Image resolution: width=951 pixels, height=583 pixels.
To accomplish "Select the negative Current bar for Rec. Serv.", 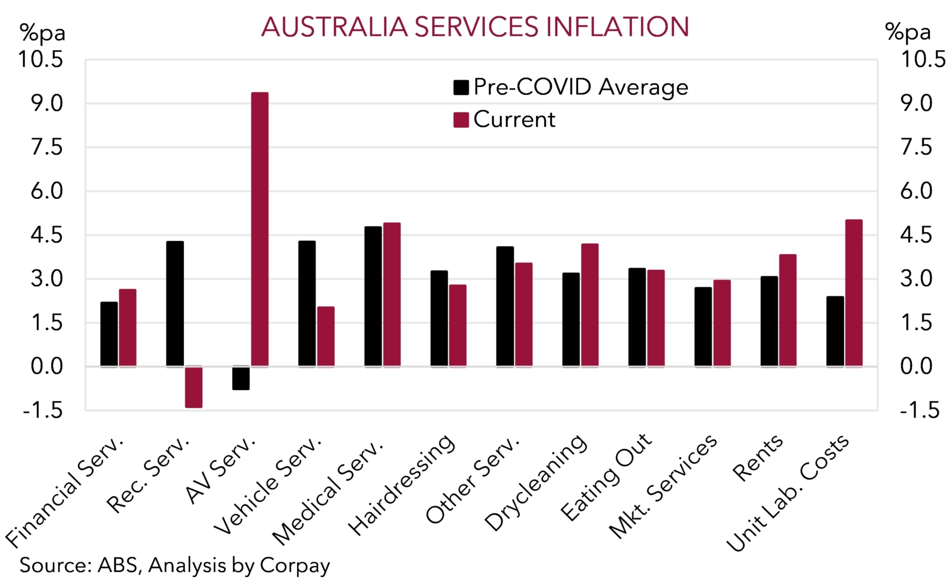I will (x=194, y=387).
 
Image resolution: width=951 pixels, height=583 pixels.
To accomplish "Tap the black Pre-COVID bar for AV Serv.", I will (x=241, y=378).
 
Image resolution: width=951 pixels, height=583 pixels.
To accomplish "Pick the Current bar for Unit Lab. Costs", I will (x=854, y=293).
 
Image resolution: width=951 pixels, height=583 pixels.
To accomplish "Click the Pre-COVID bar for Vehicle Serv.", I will (x=307, y=304).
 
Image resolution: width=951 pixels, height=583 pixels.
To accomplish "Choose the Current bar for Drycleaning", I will (x=590, y=305).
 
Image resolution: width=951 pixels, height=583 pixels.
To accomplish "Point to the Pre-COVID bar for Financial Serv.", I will (x=109, y=334).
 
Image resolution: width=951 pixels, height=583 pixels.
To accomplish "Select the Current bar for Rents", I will (x=788, y=311).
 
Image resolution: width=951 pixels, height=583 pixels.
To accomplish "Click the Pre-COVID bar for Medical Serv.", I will (x=373, y=296).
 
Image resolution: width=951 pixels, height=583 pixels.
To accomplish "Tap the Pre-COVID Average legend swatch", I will (x=461, y=87).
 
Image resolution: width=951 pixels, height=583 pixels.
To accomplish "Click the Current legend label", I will (x=514, y=120).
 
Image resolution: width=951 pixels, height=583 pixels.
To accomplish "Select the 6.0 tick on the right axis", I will (x=917, y=191).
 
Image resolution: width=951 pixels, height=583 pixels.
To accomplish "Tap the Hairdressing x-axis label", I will (x=403, y=485).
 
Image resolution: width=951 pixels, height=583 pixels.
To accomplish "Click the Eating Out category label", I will (x=607, y=477).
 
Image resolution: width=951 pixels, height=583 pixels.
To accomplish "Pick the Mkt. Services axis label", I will (x=664, y=486).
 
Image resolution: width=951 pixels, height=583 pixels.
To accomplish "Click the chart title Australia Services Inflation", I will (x=475, y=27).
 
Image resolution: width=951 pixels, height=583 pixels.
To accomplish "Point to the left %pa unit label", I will (x=43, y=33).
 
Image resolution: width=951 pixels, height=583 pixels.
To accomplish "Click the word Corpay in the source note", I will (x=295, y=566).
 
